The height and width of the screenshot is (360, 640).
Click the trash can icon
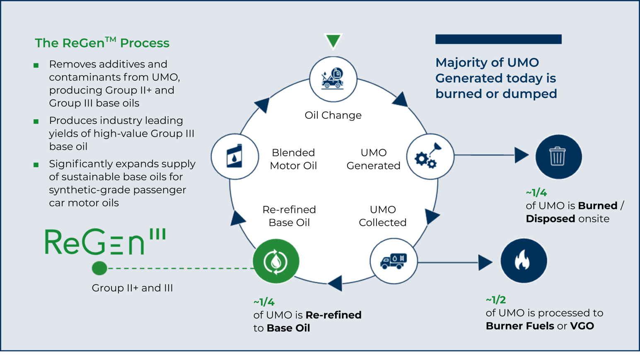tap(558, 157)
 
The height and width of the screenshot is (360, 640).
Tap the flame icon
tap(523, 261)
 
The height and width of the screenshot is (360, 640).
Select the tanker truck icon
tap(394, 261)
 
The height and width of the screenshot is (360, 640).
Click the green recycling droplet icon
tap(276, 261)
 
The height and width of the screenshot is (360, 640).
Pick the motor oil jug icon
tap(235, 157)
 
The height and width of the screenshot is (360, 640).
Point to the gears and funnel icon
tap(430, 156)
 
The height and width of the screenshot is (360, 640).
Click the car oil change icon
tap(333, 79)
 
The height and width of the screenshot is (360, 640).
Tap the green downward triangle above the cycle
tap(333, 41)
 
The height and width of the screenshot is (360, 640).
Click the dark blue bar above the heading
tap(498, 39)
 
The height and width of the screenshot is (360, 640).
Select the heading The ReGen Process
tap(102, 43)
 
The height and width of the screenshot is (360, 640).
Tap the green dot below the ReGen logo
tap(99, 268)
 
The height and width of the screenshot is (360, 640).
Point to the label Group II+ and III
tap(132, 288)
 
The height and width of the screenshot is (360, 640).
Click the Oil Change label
tap(333, 115)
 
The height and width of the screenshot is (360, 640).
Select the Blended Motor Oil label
tap(293, 159)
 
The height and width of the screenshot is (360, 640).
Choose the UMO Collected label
tap(382, 216)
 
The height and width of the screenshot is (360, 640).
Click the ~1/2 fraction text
tap(495, 300)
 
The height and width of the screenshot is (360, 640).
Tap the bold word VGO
tap(582, 326)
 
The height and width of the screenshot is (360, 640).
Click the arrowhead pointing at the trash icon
tap(521, 155)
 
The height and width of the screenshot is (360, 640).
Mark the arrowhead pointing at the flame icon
tap(485, 262)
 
